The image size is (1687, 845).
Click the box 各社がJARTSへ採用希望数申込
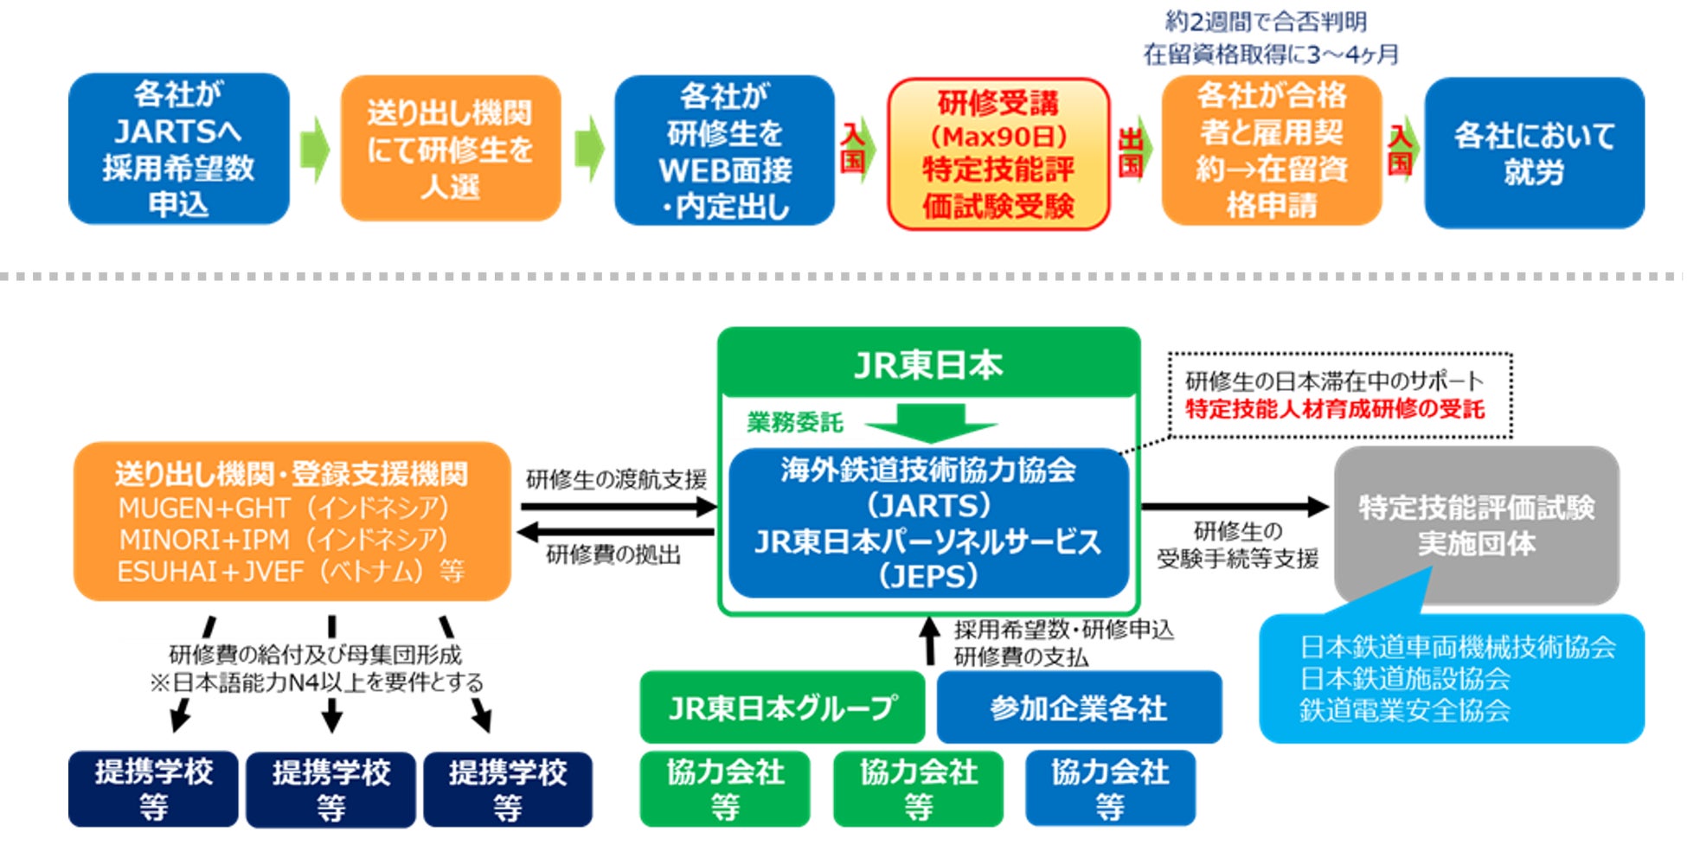click(178, 149)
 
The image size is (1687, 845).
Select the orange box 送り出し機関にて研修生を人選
click(450, 149)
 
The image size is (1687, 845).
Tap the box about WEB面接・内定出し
click(724, 150)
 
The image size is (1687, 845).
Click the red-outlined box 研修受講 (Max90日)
click(997, 154)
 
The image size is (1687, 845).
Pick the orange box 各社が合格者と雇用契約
click(1271, 150)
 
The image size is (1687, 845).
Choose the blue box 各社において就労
click(1534, 153)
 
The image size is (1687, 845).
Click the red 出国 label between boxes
click(1131, 152)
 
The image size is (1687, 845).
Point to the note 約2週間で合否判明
click(1265, 21)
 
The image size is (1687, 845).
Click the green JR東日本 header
click(928, 365)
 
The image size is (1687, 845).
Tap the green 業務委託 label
click(794, 422)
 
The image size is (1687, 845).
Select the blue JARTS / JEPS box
click(928, 522)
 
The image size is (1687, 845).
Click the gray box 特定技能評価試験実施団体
click(1476, 524)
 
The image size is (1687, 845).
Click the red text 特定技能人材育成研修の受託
click(1334, 409)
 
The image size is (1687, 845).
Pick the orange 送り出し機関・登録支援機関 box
click(292, 522)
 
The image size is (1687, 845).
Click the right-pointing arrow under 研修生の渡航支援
click(618, 507)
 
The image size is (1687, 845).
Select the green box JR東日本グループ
click(781, 707)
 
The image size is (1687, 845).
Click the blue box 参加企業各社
click(1079, 707)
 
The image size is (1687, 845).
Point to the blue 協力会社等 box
click(1110, 789)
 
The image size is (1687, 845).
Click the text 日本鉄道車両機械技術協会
click(1457, 647)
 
